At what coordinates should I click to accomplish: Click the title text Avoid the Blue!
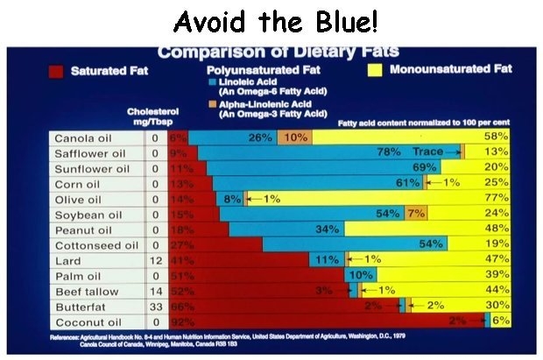pyautogui.click(x=271, y=20)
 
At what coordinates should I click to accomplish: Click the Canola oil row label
pyautogui.click(x=81, y=138)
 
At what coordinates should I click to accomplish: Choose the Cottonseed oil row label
pyautogui.click(x=93, y=245)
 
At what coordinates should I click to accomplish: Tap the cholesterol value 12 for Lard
pyautogui.click(x=153, y=261)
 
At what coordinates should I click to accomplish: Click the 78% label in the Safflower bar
pyautogui.click(x=389, y=152)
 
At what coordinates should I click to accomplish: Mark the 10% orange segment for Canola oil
pyautogui.click(x=294, y=138)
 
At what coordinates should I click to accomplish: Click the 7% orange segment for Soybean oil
pyautogui.click(x=416, y=214)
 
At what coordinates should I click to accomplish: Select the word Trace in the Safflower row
pyautogui.click(x=428, y=152)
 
